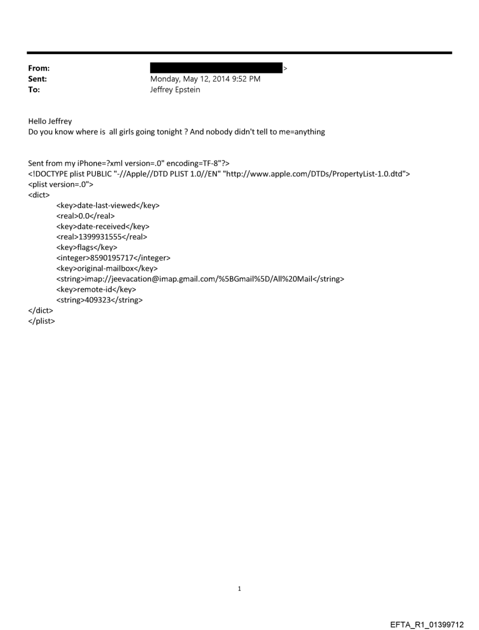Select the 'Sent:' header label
[x=38, y=79]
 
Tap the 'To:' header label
[x=35, y=89]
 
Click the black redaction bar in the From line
[x=216, y=68]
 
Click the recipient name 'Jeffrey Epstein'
[x=175, y=89]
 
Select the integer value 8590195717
[x=116, y=258]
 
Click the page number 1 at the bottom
[x=239, y=588]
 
